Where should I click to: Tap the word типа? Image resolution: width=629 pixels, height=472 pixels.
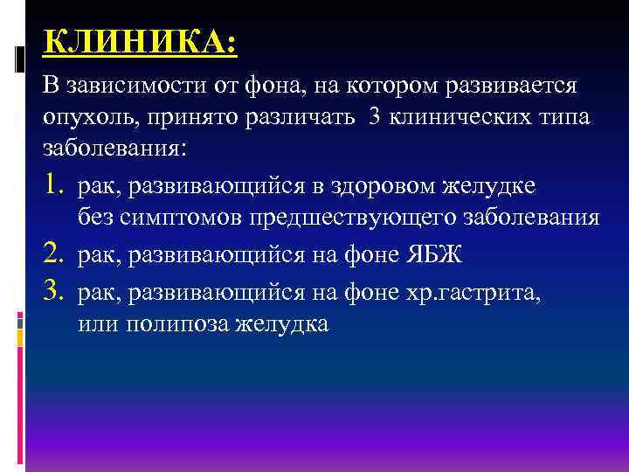click(x=563, y=118)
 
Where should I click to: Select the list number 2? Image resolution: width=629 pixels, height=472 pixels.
click(x=53, y=254)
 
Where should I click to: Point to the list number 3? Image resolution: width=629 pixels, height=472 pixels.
click(x=53, y=290)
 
